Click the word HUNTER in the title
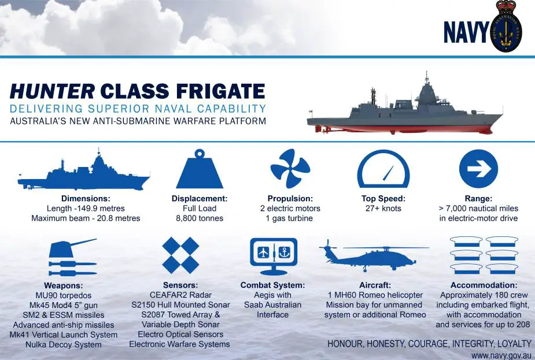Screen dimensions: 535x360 point(52,91)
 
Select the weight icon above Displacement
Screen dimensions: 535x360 point(200,169)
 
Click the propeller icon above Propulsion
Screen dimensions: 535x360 point(290,168)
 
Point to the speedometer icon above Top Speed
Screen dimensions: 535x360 point(383,169)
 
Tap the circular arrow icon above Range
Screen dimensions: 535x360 point(478,169)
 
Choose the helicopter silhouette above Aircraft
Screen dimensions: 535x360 point(374,257)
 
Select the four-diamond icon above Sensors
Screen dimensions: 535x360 point(180,255)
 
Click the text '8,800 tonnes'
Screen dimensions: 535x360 point(200,218)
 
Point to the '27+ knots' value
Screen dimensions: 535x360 point(383,208)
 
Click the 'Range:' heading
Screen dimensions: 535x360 point(478,198)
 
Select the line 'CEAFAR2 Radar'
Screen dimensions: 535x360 point(180,295)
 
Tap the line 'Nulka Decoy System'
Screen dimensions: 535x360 point(64,344)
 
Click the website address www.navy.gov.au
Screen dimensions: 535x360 point(501,355)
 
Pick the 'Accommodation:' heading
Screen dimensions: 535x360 point(484,285)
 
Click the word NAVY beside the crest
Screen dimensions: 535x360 point(466,32)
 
